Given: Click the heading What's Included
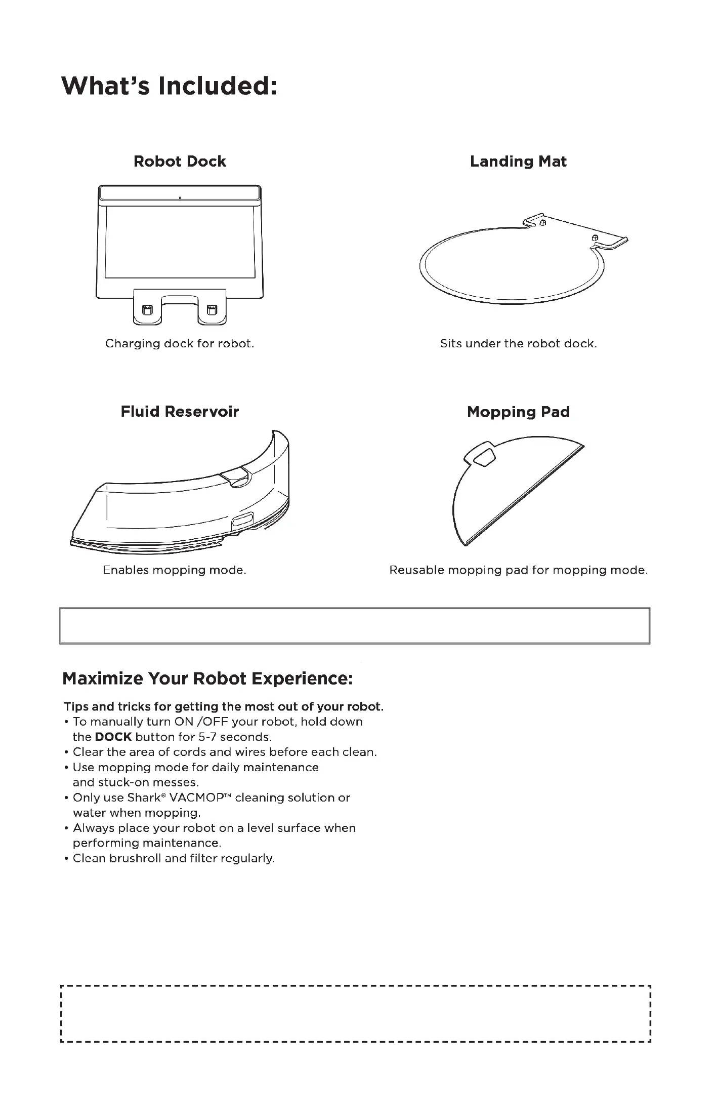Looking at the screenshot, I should point(168,87).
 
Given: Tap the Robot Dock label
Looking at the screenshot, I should point(180,162).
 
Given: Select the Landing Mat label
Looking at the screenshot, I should point(518,162).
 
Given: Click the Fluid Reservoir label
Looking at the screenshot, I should point(180,412).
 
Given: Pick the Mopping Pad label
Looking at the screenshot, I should point(518,412).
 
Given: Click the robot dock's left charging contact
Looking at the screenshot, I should point(147,309).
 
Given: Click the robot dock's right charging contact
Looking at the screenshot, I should point(212,309).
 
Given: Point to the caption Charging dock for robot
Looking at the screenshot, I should point(179,344).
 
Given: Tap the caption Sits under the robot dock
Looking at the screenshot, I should point(518,344).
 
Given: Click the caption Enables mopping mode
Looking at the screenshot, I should point(175,570).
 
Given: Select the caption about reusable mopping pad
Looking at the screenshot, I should point(518,570).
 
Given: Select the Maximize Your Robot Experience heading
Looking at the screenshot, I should point(207,678).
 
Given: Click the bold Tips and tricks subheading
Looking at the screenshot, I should point(224,706).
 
